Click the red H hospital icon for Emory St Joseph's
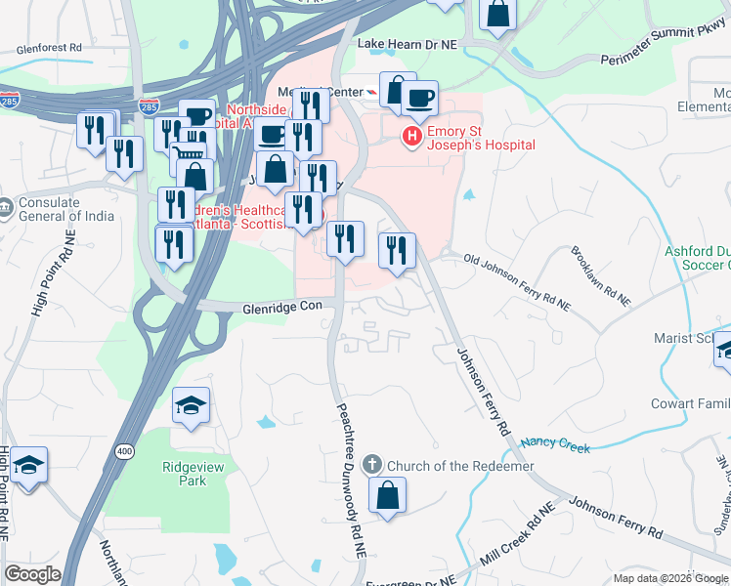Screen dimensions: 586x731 (412, 136)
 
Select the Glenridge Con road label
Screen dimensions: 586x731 (282, 307)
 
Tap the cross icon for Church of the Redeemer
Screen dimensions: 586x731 (372, 465)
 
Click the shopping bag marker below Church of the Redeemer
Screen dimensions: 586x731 (388, 494)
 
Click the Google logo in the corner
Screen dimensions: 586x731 (33, 574)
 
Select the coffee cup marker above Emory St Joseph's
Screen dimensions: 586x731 (419, 98)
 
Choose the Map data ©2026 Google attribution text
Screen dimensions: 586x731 (670, 578)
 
